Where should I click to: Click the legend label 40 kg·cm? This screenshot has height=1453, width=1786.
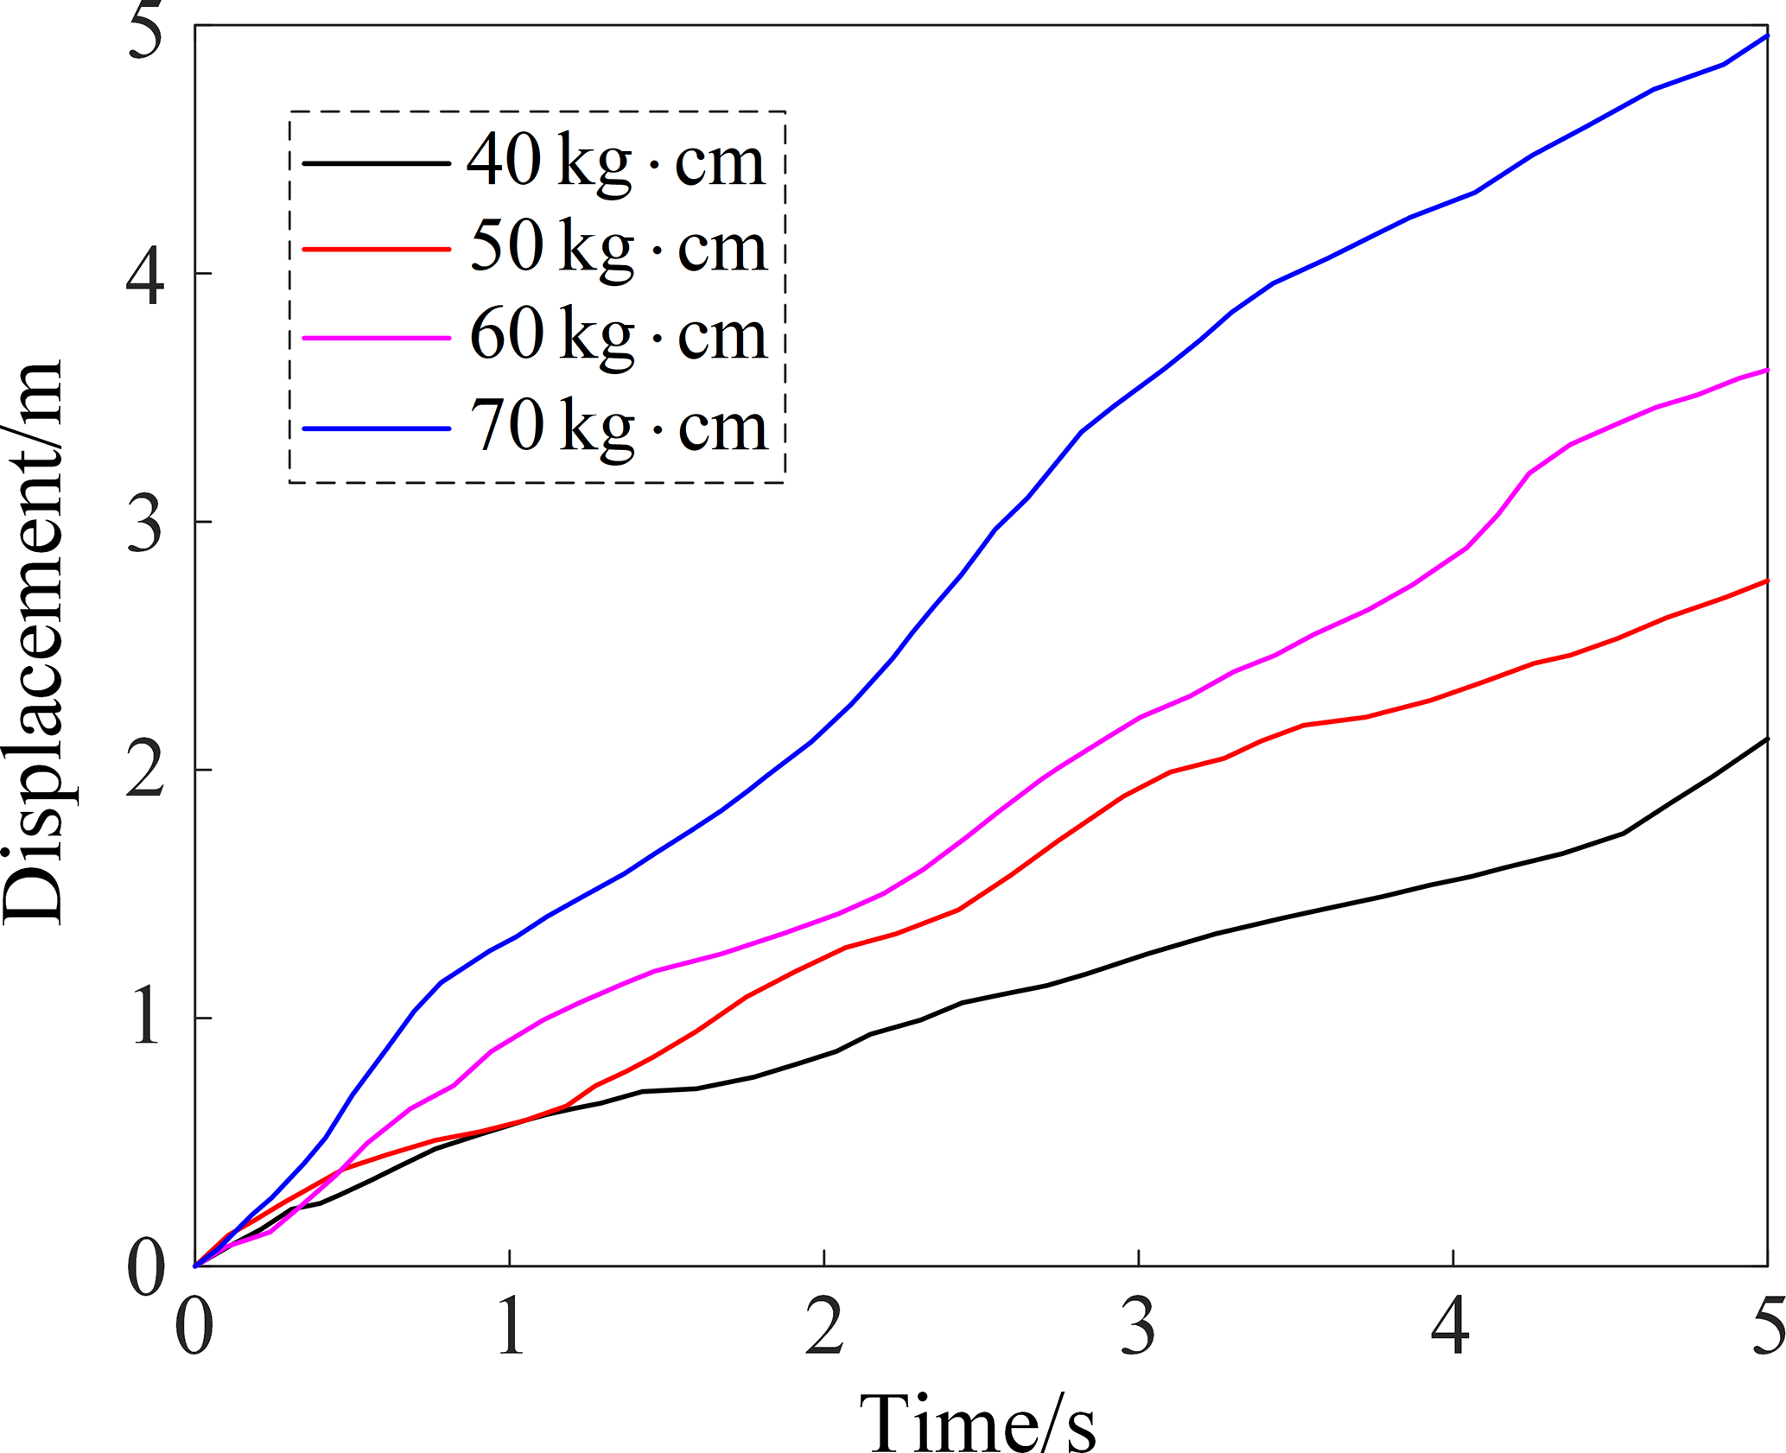(616, 162)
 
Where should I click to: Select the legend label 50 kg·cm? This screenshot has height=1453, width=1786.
(619, 248)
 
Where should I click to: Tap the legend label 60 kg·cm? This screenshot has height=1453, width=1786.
(619, 335)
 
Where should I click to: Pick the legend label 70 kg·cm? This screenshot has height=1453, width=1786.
(619, 427)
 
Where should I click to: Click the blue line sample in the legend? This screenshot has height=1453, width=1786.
(377, 428)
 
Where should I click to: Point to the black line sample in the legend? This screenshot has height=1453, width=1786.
(377, 162)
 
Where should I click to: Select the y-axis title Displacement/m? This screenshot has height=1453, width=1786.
(35, 644)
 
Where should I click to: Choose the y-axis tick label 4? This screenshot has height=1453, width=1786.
(145, 276)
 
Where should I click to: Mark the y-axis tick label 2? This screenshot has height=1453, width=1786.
(145, 771)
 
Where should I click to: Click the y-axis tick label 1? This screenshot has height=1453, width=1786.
(145, 1019)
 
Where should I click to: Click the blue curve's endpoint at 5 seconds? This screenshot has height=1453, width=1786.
(1766, 35)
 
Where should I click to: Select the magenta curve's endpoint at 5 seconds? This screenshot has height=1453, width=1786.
(1766, 370)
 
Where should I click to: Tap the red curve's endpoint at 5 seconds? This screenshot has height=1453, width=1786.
(1766, 581)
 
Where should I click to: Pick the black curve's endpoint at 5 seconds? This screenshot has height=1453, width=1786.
(1766, 739)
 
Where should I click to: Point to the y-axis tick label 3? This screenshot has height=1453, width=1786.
(145, 523)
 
